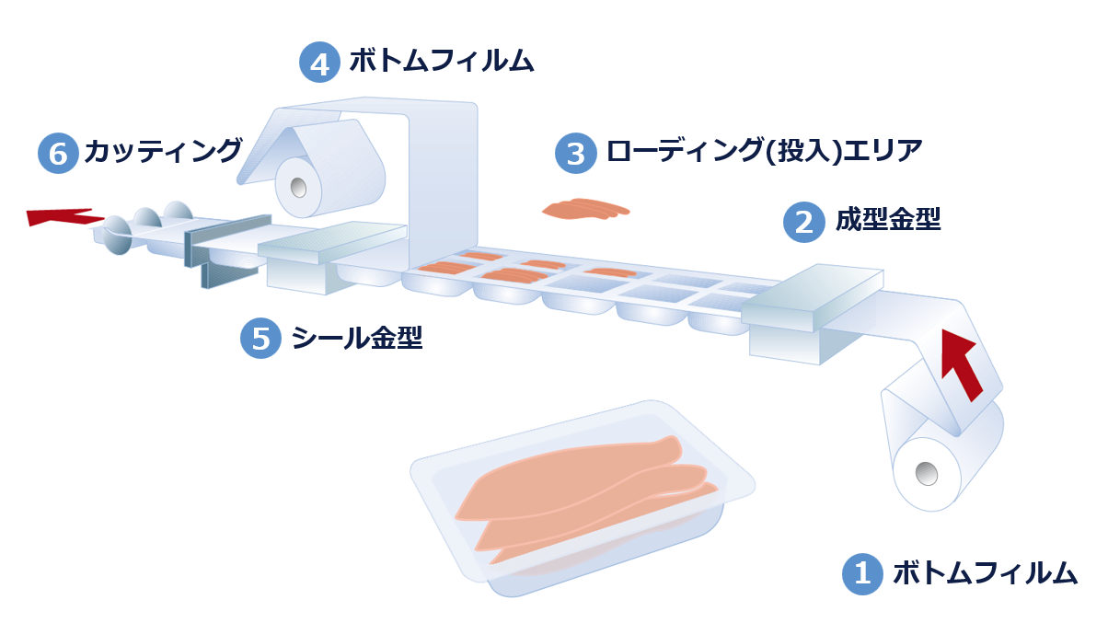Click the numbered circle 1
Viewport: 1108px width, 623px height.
pyautogui.click(x=862, y=573)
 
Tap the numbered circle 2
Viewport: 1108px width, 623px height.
pyautogui.click(x=803, y=222)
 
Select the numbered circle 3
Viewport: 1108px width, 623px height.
pyautogui.click(x=576, y=153)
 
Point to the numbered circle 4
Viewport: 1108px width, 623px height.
pyautogui.click(x=319, y=63)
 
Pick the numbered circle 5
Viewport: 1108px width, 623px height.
pyautogui.click(x=260, y=339)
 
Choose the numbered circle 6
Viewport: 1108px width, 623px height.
pyautogui.click(x=58, y=153)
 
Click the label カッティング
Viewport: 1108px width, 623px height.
pyautogui.click(x=163, y=151)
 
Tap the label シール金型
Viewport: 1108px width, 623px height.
pyautogui.click(x=356, y=339)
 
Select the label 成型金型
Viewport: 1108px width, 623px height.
pyautogui.click(x=888, y=220)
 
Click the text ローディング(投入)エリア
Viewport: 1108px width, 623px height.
pyautogui.click(x=763, y=151)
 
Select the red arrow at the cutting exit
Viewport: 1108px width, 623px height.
pyautogui.click(x=61, y=216)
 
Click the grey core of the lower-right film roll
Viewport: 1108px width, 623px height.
pyautogui.click(x=926, y=473)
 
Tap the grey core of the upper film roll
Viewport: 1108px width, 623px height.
pyautogui.click(x=298, y=187)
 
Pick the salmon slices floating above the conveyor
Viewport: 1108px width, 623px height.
pyautogui.click(x=585, y=210)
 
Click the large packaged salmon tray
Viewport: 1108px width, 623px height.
pyautogui.click(x=580, y=498)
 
